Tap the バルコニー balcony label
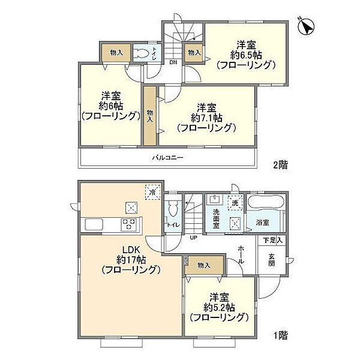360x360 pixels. point(167,158)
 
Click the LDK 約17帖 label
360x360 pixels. point(131,259)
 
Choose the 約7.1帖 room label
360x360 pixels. point(207,118)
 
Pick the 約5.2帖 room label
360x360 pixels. point(218,307)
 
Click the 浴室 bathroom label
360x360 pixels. point(262,222)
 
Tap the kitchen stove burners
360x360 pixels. point(130,225)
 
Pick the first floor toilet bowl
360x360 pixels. point(173,211)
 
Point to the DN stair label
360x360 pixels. point(172,62)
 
